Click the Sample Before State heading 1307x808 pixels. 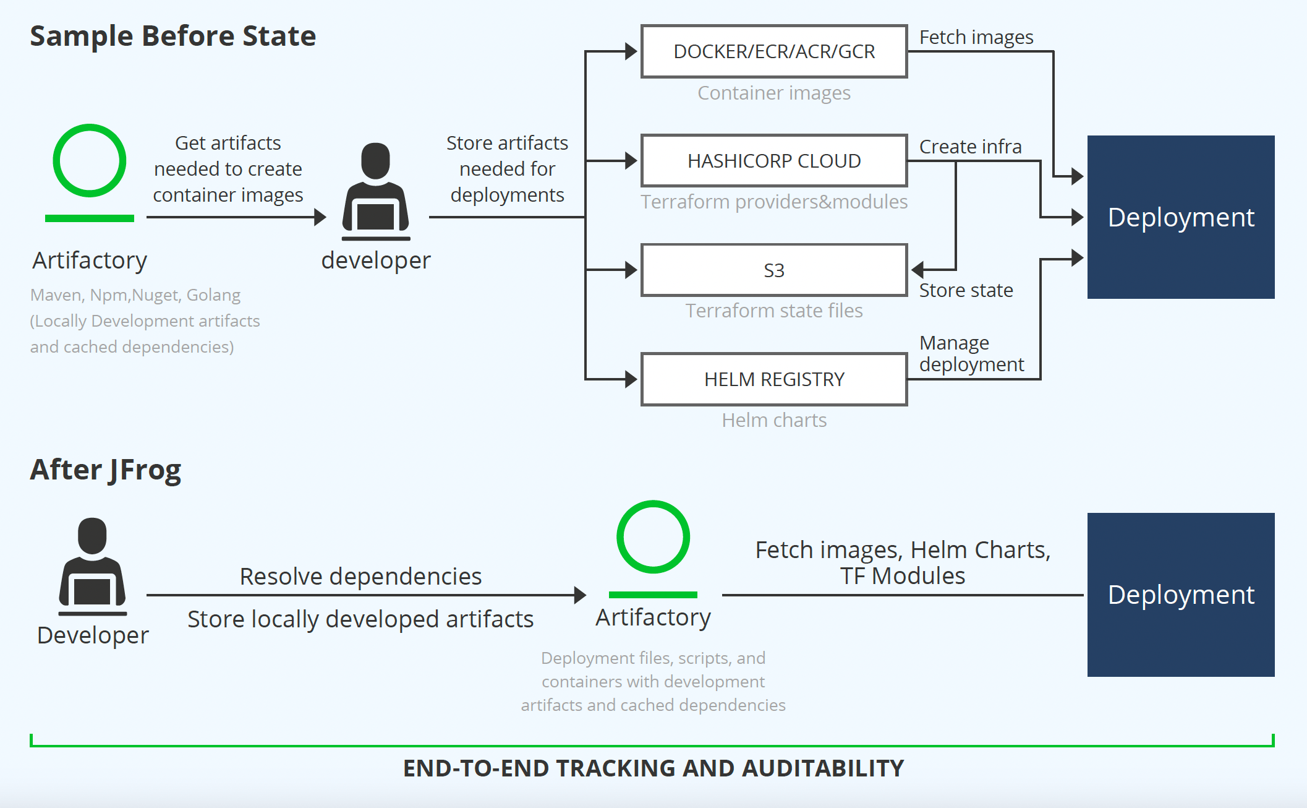173,36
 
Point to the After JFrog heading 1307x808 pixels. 106,470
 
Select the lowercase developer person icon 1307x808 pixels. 376,192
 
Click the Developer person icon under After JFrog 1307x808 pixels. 93,567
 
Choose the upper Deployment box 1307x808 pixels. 1181,217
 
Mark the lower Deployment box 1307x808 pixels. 1181,595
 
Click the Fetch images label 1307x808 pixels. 976,38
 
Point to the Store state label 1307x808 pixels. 966,290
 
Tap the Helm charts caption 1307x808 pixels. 774,420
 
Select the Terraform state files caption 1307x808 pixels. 774,311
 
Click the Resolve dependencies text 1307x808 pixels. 360,577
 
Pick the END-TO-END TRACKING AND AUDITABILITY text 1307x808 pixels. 653,768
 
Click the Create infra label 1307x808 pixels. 970,147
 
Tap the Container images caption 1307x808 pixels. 774,93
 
